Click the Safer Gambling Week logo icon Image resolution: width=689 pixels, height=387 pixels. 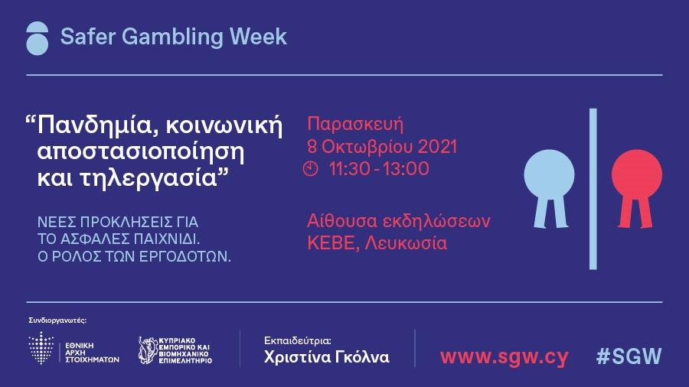37,38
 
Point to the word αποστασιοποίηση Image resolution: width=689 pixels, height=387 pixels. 140,151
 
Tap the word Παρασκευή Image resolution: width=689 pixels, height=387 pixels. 355,125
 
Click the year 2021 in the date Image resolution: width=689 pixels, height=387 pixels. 437,147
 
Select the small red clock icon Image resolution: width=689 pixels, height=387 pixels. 310,168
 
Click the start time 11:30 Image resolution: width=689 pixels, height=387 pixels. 350,169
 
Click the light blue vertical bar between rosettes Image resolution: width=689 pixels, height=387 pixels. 593,189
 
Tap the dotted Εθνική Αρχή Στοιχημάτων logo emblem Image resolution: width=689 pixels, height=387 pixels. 41,347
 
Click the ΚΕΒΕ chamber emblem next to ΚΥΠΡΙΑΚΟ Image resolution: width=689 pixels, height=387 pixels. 147,350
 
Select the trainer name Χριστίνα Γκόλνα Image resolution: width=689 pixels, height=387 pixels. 326,357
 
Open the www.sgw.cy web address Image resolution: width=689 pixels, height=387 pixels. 504,357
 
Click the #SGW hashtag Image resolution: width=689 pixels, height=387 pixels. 629,356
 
